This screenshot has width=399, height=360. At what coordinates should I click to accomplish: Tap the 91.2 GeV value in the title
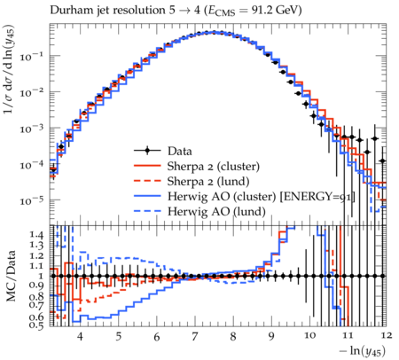point(277,11)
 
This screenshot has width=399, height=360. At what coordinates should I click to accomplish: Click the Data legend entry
point(180,151)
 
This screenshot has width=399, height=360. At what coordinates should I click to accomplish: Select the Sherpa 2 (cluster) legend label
point(214,167)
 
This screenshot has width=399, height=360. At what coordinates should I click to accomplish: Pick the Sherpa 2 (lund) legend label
point(208,182)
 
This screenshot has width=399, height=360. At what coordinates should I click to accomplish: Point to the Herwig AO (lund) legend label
point(216,212)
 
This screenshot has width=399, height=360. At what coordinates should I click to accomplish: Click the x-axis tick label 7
point(194,336)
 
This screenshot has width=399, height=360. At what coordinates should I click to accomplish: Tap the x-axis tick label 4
point(80,336)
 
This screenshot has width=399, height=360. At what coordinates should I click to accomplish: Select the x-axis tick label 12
point(387,336)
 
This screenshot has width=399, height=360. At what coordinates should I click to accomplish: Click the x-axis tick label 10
point(309,336)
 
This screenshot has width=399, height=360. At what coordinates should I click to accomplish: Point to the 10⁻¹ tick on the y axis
point(32,56)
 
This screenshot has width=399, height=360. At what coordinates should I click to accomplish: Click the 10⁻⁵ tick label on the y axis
point(32,200)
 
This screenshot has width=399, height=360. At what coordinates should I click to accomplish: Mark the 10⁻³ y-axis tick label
point(32,129)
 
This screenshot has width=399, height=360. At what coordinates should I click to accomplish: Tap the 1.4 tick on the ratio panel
point(36,235)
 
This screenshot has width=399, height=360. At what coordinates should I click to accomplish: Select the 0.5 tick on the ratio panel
point(36,325)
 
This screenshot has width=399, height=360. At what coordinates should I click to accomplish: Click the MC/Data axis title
point(12,276)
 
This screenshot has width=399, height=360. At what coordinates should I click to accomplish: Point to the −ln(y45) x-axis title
point(363,351)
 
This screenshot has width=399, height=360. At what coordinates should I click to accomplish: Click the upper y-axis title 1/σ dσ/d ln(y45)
point(9,69)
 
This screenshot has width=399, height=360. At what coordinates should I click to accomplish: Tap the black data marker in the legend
point(147,151)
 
